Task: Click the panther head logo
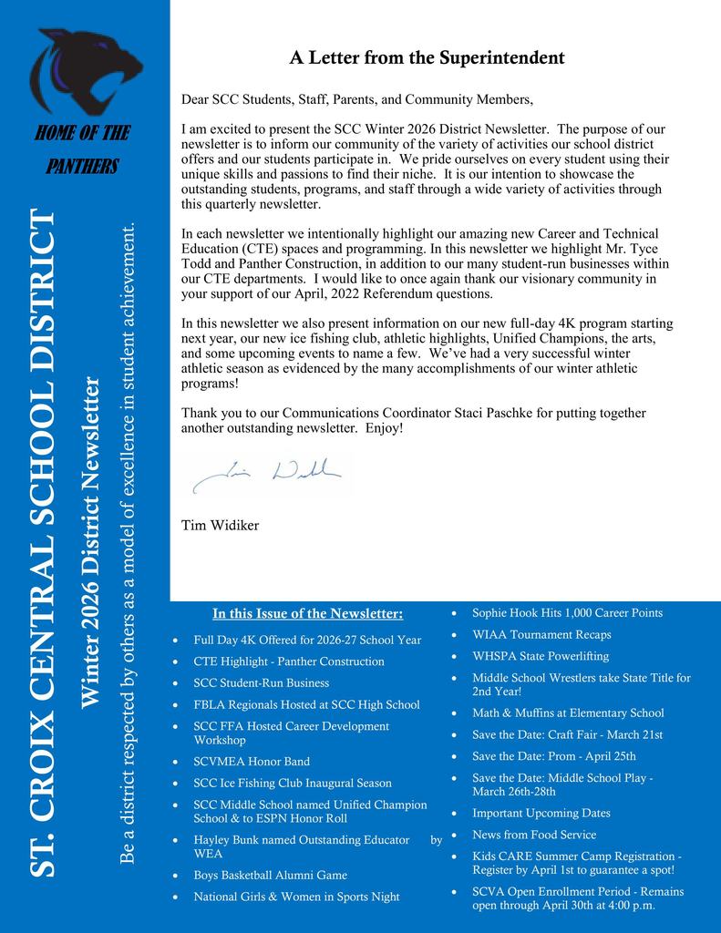pos(86,71)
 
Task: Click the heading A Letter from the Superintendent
pos(427,58)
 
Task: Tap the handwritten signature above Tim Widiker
pos(268,472)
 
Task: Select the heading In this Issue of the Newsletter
pos(307,612)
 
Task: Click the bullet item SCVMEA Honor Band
pos(252,762)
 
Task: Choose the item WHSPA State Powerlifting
pos(540,656)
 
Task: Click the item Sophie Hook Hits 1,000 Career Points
pos(567,613)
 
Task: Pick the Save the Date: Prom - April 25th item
pos(553,756)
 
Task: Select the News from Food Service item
pos(533,835)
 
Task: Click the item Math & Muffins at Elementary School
pos(567,713)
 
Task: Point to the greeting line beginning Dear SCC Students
pos(356,98)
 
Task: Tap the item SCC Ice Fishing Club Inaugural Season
pos(292,784)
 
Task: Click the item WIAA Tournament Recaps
pos(541,635)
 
